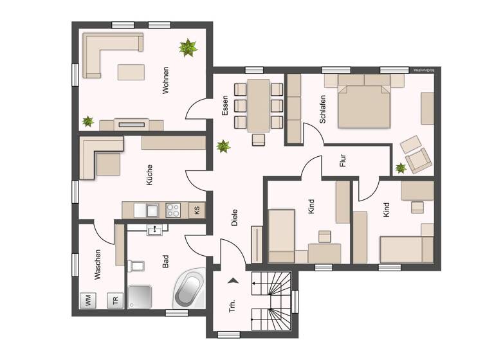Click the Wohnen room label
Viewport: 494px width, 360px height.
tap(165, 80)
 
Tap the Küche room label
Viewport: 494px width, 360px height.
tap(149, 175)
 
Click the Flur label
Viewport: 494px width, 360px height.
tap(343, 161)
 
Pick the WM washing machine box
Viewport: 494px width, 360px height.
tap(86, 299)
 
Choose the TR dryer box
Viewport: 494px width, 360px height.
tap(116, 300)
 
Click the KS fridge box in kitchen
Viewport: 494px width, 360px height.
tap(197, 210)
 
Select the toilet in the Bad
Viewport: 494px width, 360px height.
tap(136, 265)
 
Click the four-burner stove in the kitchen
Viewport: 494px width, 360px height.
tap(174, 210)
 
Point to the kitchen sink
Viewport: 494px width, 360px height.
tap(152, 210)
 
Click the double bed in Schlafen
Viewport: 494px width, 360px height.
tap(363, 104)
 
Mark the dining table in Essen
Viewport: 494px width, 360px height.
tap(259, 104)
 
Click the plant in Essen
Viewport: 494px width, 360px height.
tap(223, 146)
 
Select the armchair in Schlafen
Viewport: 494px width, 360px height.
tap(417, 160)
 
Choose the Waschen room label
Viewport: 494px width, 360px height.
tap(98, 264)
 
